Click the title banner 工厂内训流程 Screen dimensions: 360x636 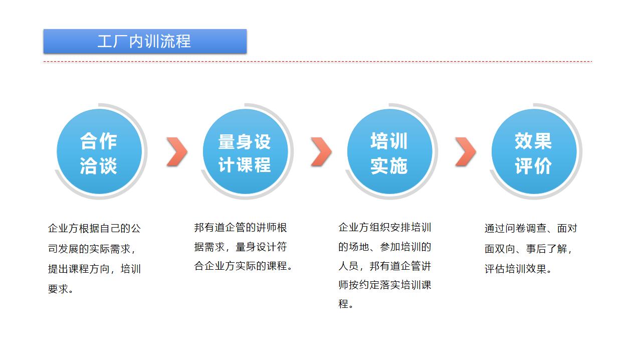click(145, 41)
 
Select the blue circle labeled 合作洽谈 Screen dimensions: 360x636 click(99, 151)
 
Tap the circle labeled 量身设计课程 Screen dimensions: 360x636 click(245, 151)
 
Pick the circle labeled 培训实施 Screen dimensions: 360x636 click(389, 151)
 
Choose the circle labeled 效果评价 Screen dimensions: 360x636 click(534, 151)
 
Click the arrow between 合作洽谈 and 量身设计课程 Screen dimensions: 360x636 click(176, 151)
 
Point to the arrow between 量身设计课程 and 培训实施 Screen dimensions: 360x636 click(321, 151)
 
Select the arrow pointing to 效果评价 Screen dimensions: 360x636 click(465, 151)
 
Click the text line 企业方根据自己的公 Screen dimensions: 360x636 click(94, 229)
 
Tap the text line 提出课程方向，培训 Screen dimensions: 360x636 click(94, 269)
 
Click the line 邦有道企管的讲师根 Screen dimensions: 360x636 click(241, 228)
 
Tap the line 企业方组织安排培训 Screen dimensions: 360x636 click(385, 228)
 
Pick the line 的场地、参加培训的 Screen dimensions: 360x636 click(385, 247)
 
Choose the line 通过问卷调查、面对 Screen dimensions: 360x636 click(531, 229)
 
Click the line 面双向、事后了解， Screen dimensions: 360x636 click(529, 249)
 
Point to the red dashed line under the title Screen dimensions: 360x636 click(318, 62)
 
